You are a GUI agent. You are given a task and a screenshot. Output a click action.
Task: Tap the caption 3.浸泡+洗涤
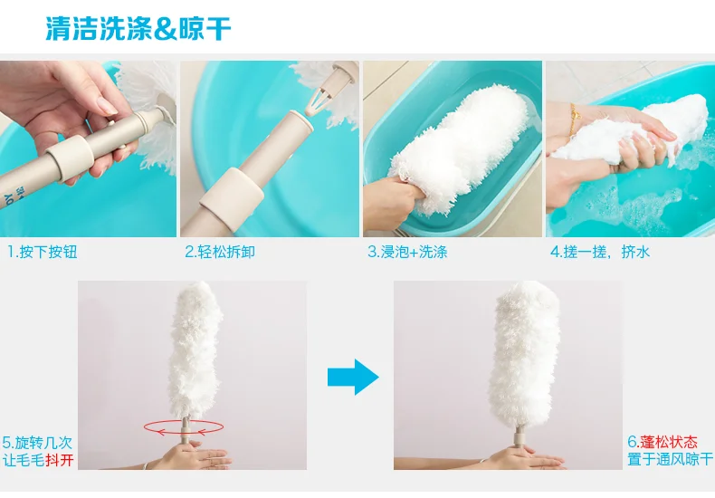406,252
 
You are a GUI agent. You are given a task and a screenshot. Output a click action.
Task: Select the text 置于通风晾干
669,460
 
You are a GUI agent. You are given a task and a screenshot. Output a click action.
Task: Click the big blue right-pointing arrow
352,377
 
